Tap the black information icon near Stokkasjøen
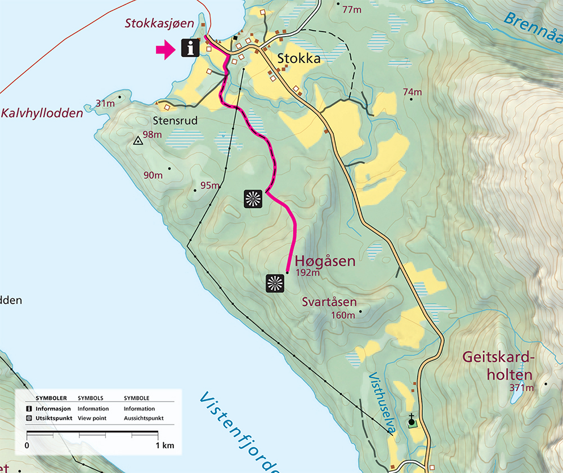pyautogui.click(x=190, y=48)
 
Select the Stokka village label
pyautogui.click(x=298, y=59)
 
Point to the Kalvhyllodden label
pyautogui.click(x=42, y=113)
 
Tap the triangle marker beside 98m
pyautogui.click(x=137, y=141)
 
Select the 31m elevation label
pyautogui.click(x=105, y=104)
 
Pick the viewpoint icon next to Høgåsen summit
pyautogui.click(x=275, y=283)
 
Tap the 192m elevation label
pyautogui.click(x=307, y=274)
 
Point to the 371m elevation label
pyautogui.click(x=521, y=387)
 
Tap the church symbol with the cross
pyautogui.click(x=412, y=420)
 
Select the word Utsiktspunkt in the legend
pyautogui.click(x=53, y=418)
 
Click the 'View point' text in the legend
pyautogui.click(x=93, y=418)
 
